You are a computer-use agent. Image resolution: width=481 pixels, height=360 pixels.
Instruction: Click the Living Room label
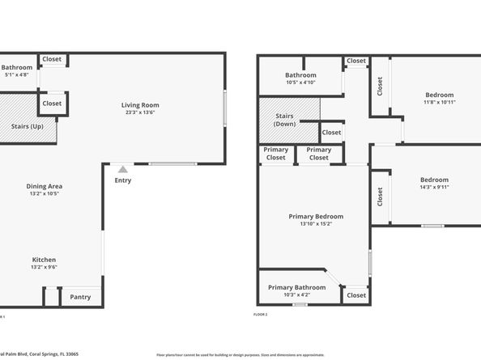point(140,105)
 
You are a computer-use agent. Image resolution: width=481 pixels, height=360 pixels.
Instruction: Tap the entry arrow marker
point(122,169)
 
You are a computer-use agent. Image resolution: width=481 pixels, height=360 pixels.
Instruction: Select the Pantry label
point(80,297)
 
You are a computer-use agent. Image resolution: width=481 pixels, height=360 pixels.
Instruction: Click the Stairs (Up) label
point(28,127)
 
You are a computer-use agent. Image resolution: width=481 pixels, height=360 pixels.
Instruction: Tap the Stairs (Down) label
point(284,121)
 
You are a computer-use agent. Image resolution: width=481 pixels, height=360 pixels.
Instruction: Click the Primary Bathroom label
point(297,287)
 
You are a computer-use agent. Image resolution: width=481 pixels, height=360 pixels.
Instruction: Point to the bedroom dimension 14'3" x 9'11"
point(434,187)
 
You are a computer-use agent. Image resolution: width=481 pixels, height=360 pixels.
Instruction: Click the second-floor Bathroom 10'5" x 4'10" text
point(300,83)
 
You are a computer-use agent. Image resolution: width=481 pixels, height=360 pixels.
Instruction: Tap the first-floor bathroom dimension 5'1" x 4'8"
point(16,74)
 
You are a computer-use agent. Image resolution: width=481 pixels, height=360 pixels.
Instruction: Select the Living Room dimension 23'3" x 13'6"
point(140,113)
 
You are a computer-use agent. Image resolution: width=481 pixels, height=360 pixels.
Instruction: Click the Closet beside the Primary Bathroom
point(356,295)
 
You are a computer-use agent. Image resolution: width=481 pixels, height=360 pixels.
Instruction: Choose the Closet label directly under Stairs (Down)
point(331,132)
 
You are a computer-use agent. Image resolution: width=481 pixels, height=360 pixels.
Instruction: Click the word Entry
point(122,180)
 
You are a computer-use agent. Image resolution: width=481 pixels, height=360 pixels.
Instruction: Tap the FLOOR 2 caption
point(261,314)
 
